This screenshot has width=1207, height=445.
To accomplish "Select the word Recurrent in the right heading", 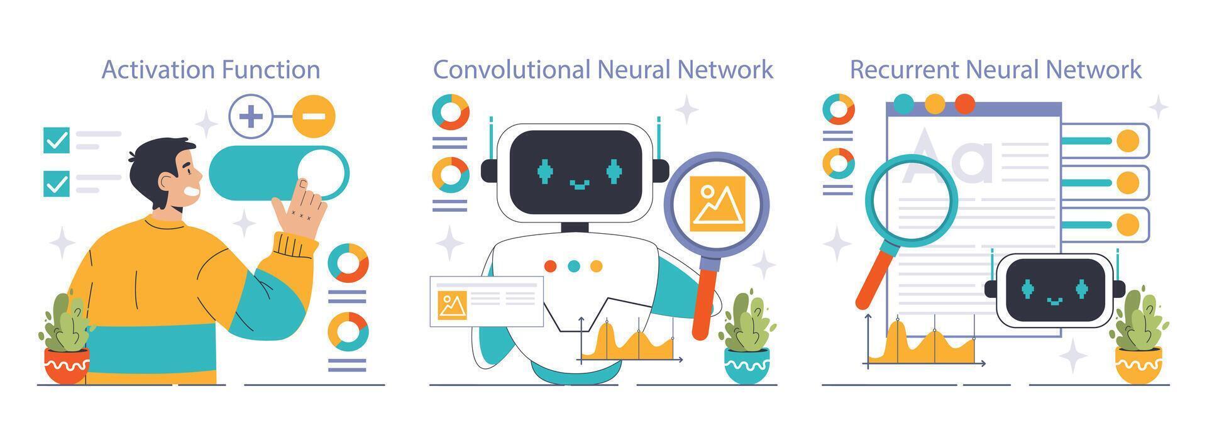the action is [903, 69].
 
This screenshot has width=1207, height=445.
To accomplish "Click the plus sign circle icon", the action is [250, 116].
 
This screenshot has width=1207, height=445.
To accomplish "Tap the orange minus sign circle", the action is [314, 116].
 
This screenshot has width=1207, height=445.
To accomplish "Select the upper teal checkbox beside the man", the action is [57, 140].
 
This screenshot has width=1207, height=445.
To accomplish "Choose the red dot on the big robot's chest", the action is [550, 266].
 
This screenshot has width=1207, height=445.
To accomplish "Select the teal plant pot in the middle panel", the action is [746, 365].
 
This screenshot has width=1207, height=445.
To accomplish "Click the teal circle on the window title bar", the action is [903, 104].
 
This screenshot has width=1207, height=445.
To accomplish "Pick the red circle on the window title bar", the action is [964, 104].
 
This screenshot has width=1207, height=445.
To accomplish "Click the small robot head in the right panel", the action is [1054, 289].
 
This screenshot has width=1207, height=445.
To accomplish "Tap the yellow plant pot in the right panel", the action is [1138, 365].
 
